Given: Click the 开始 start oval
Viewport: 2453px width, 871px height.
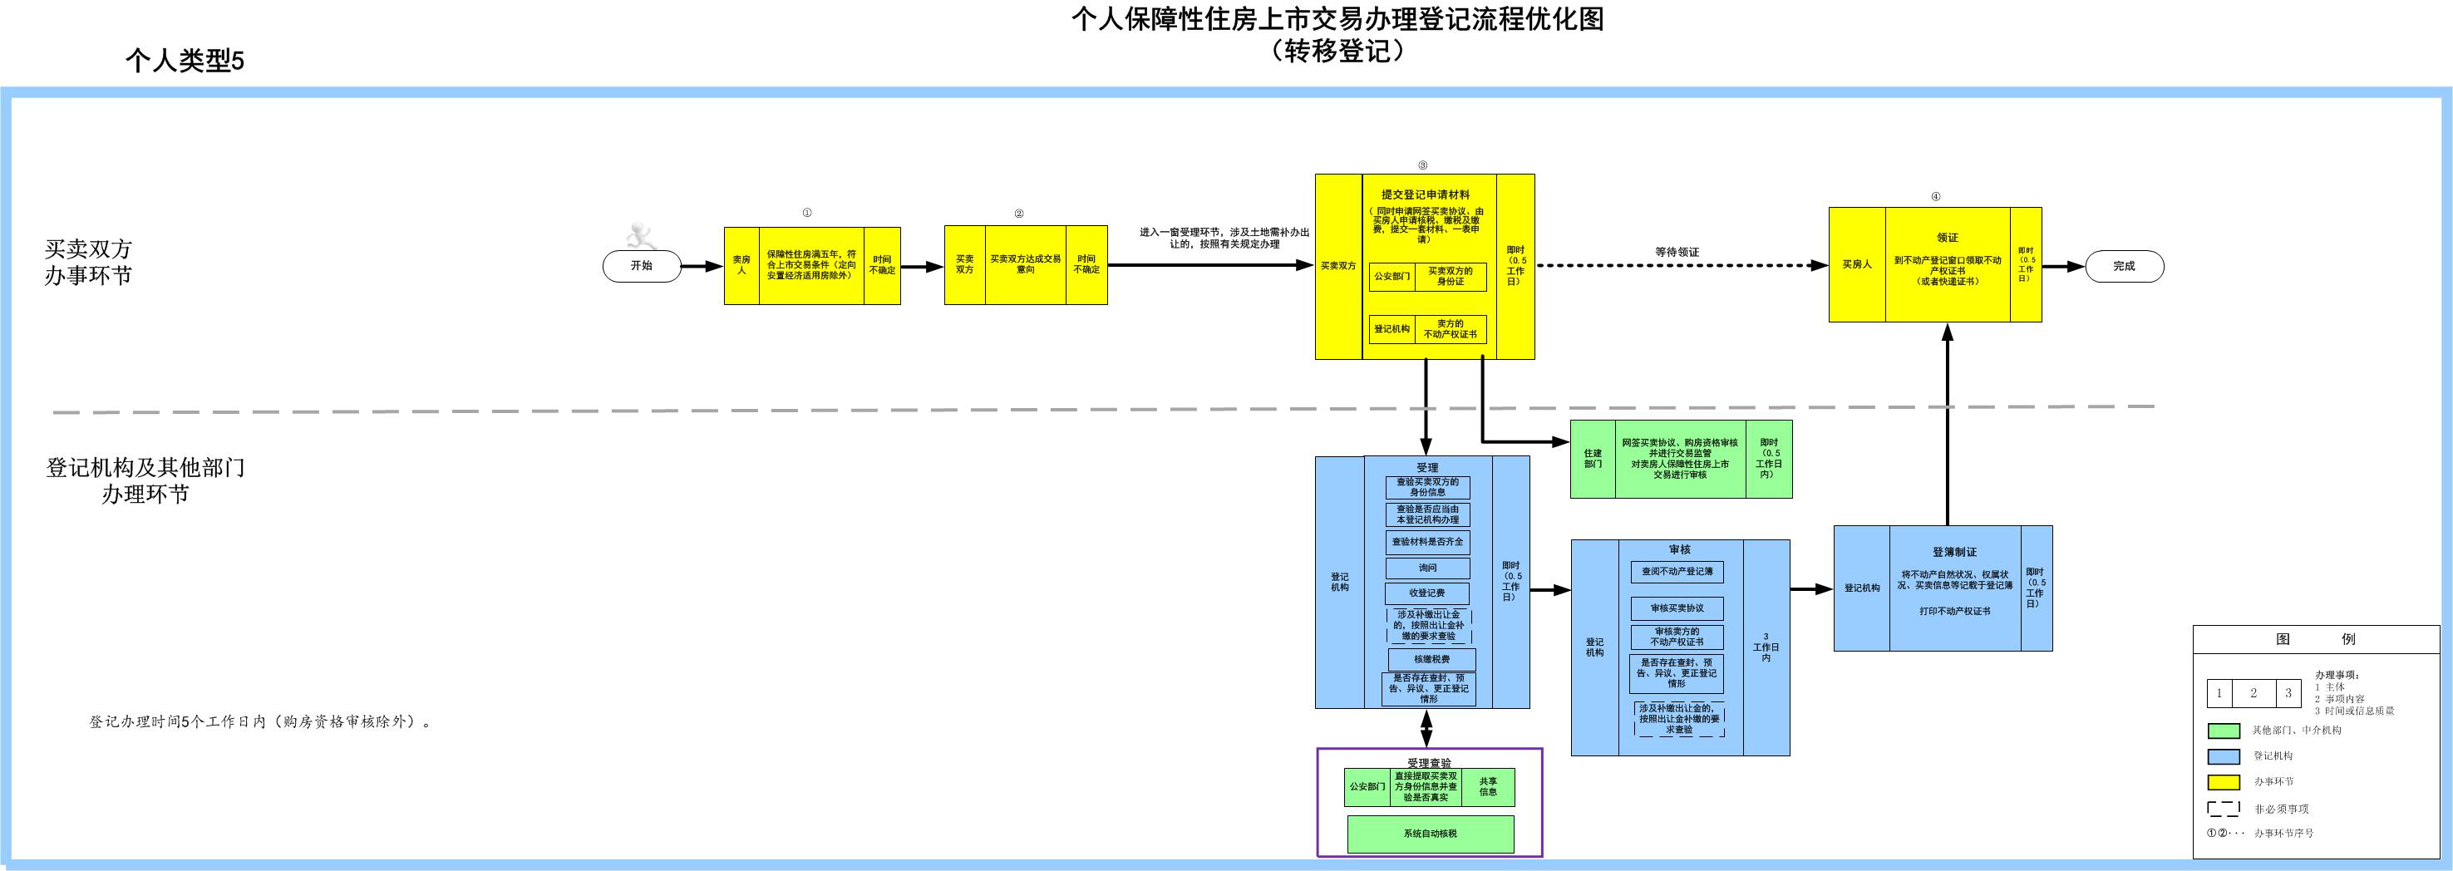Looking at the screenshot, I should point(642,267).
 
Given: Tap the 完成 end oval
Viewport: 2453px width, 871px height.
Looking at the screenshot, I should point(2125,267).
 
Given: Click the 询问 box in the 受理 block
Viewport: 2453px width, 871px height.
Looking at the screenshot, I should point(1427,568).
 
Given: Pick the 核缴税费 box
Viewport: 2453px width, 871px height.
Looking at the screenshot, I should point(1431,659).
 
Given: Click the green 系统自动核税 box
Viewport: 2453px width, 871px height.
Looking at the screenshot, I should point(1431,834).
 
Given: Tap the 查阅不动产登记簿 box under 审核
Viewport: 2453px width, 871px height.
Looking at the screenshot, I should point(1677,572).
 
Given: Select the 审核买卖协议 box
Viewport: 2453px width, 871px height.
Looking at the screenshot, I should point(1677,608).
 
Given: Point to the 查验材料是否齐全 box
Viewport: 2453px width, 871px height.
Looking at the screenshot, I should point(1427,542).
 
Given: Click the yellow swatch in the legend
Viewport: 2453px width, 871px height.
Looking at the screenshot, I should point(2224,782).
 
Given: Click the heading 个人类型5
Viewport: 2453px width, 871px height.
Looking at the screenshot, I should point(185,61).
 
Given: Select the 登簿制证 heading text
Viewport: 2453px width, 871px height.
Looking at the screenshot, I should point(1954,552).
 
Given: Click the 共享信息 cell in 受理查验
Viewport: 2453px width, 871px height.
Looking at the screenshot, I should point(1487,786).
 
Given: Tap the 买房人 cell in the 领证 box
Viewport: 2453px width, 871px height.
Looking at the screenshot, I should point(1857,264).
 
